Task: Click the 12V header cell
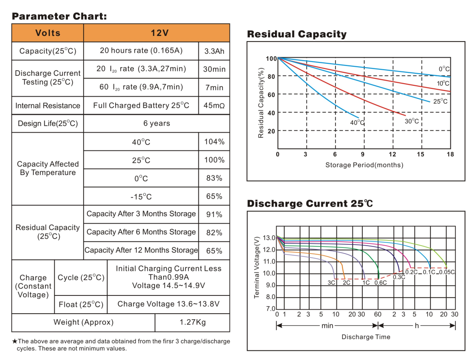click(x=156, y=33)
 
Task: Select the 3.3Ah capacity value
click(x=214, y=51)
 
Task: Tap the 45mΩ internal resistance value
click(x=214, y=106)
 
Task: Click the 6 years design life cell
click(x=156, y=123)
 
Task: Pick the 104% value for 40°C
click(x=214, y=142)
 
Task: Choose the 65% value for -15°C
click(x=214, y=196)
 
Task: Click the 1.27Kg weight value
click(x=192, y=322)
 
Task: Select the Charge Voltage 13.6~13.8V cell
click(x=168, y=304)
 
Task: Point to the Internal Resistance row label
click(x=48, y=106)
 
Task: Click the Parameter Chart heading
click(x=59, y=16)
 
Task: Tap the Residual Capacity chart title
click(x=297, y=34)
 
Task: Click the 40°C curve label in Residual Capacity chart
click(x=357, y=123)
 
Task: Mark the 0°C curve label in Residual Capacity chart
click(x=444, y=69)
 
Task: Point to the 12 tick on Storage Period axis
click(x=392, y=155)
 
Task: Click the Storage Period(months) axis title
click(x=364, y=165)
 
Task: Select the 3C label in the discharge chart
click(x=331, y=282)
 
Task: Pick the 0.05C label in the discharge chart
click(x=447, y=272)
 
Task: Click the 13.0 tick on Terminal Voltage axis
click(x=268, y=238)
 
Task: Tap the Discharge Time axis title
click(x=365, y=337)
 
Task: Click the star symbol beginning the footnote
click(x=14, y=341)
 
